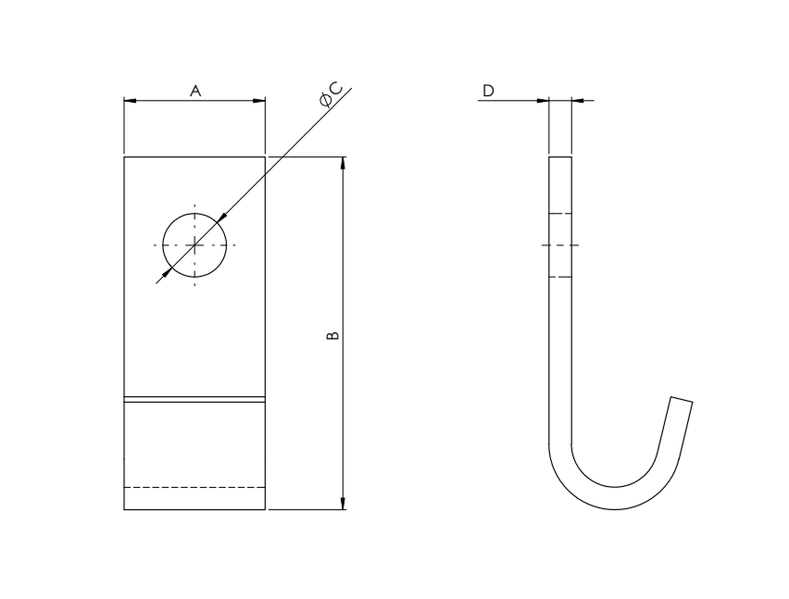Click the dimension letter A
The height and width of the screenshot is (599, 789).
click(195, 91)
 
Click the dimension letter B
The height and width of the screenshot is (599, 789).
click(332, 335)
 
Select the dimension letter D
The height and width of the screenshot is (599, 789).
click(489, 91)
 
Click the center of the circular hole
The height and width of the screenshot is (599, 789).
click(194, 245)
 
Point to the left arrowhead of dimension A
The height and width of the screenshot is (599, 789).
click(130, 101)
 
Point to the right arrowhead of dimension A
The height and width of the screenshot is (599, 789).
click(259, 101)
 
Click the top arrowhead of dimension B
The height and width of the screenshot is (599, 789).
click(344, 163)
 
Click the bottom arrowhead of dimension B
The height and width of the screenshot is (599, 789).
click(344, 504)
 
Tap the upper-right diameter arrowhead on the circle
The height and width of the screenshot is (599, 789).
click(222, 218)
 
